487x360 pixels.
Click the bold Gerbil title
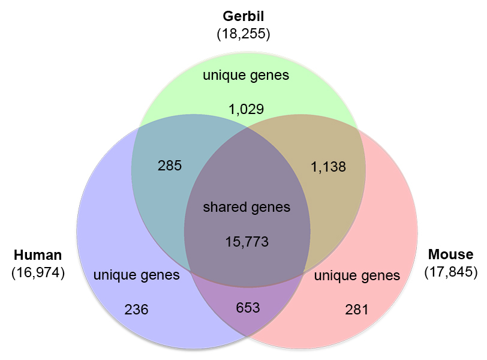tap(243, 16)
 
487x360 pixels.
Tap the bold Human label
tap(38, 255)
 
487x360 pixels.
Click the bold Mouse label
tap(450, 254)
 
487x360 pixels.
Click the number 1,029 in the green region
tap(246, 109)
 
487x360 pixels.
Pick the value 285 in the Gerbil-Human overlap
tap(170, 166)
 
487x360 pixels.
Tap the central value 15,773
tap(246, 242)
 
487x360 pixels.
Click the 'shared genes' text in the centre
tap(246, 208)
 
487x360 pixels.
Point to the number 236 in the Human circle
tap(136, 310)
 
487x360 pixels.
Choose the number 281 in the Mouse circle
tap(357, 310)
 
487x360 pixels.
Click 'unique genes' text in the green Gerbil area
tap(246, 76)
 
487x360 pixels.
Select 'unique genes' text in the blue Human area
tap(136, 275)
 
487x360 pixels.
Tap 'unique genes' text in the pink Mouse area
tap(357, 276)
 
